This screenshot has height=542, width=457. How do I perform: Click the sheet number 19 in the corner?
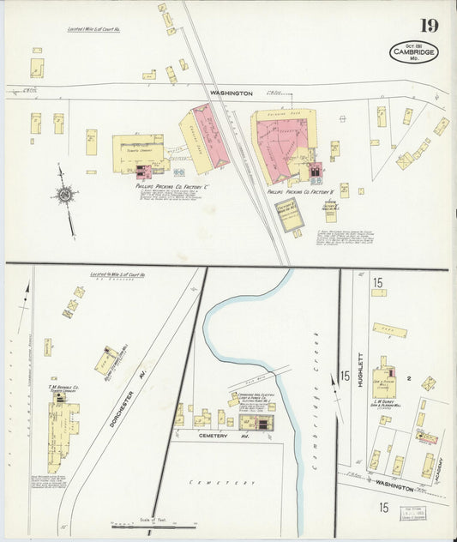click(x=429, y=25)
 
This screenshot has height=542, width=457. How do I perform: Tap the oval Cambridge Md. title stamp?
click(x=413, y=51)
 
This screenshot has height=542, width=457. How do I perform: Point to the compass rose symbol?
click(x=64, y=196)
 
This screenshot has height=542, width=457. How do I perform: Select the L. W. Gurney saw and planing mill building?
click(x=384, y=376)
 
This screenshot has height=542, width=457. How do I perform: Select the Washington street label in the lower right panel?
click(x=393, y=488)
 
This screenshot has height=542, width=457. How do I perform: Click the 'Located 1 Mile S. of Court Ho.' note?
click(x=93, y=29)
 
